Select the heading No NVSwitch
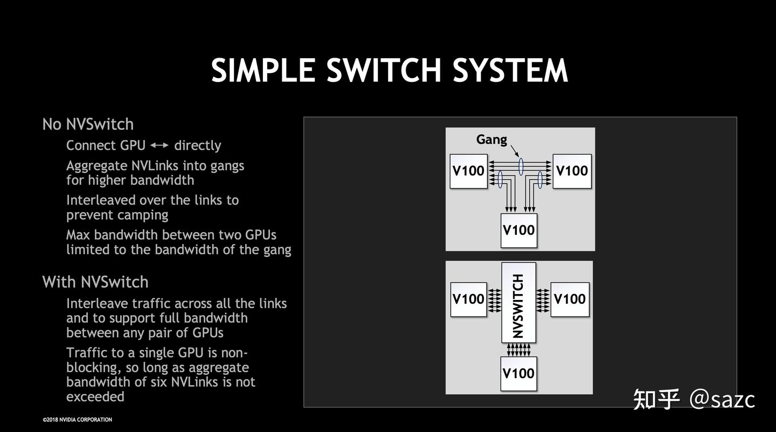[x=88, y=124]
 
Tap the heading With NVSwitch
[x=95, y=282]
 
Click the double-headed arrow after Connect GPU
[x=159, y=145]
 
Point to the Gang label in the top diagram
[x=491, y=140]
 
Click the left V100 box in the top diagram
[x=468, y=171]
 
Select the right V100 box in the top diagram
[x=572, y=171]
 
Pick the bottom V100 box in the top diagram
[x=518, y=230]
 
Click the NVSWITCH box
[x=518, y=303]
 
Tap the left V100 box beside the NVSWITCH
[x=468, y=299]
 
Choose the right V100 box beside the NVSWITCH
[x=570, y=299]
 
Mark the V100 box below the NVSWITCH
[x=518, y=373]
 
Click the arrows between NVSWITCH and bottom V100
[x=518, y=350]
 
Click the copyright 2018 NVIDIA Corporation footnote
[x=78, y=420]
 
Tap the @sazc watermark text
[x=722, y=399]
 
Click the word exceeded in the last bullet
[x=95, y=397]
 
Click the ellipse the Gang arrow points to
[x=521, y=165]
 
